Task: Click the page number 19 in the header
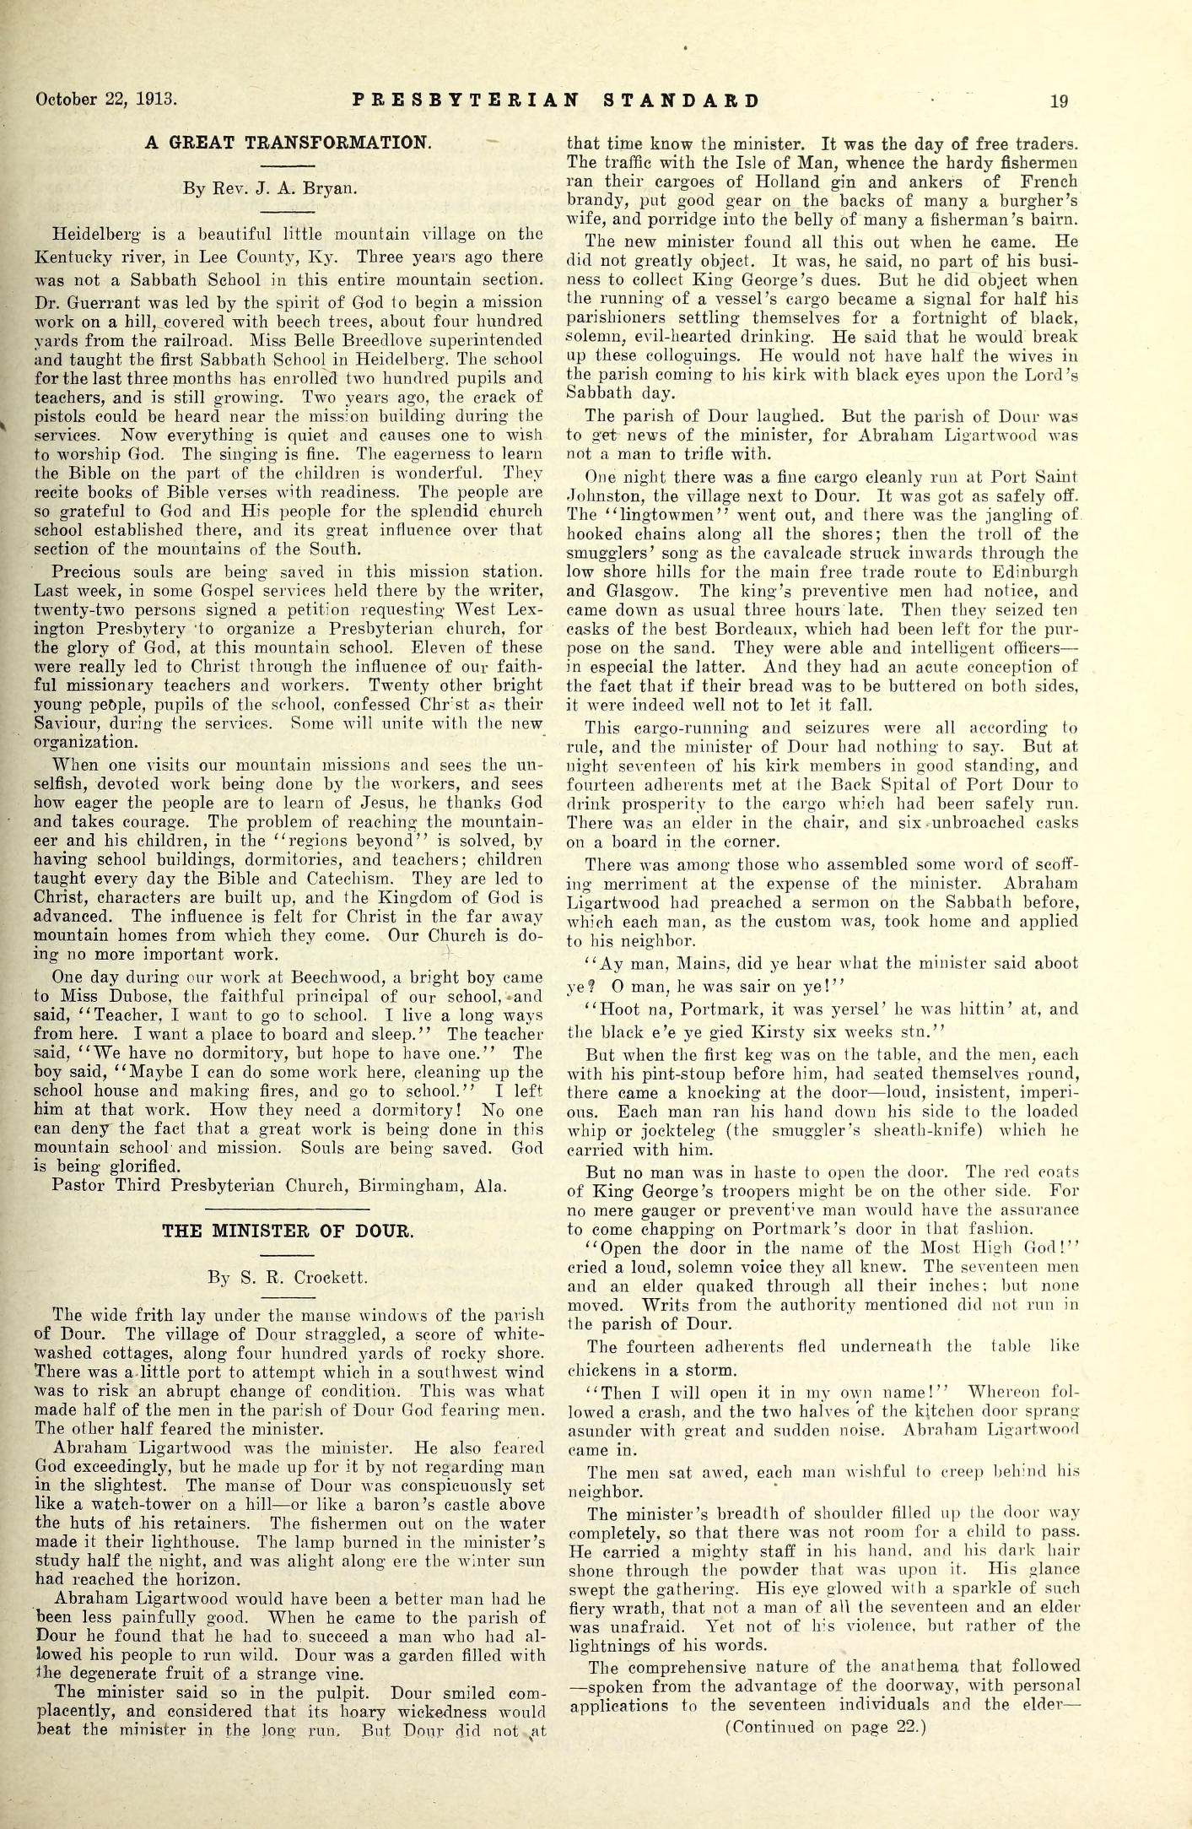tap(1059, 101)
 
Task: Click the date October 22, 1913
tap(105, 101)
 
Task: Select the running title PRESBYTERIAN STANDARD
tap(555, 101)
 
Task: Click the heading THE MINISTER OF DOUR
tap(288, 1231)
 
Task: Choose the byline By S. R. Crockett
tap(288, 1277)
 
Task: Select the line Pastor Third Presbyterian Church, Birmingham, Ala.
tap(279, 1186)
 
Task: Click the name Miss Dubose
tap(101, 995)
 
